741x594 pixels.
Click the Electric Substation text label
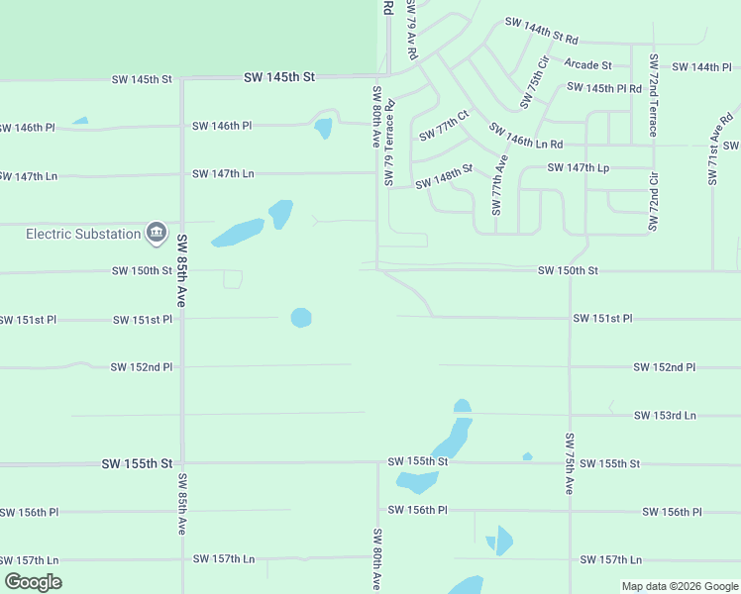83,234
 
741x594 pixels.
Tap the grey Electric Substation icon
156,233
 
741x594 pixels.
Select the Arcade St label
587,65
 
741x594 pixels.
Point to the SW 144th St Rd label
541,30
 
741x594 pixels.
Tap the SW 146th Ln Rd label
526,137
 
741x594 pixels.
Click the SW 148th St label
444,177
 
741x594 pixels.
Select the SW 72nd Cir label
653,203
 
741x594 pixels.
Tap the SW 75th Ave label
570,463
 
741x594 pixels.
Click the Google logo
34,582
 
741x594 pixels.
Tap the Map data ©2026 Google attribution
679,586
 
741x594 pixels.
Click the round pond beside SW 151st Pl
301,318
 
